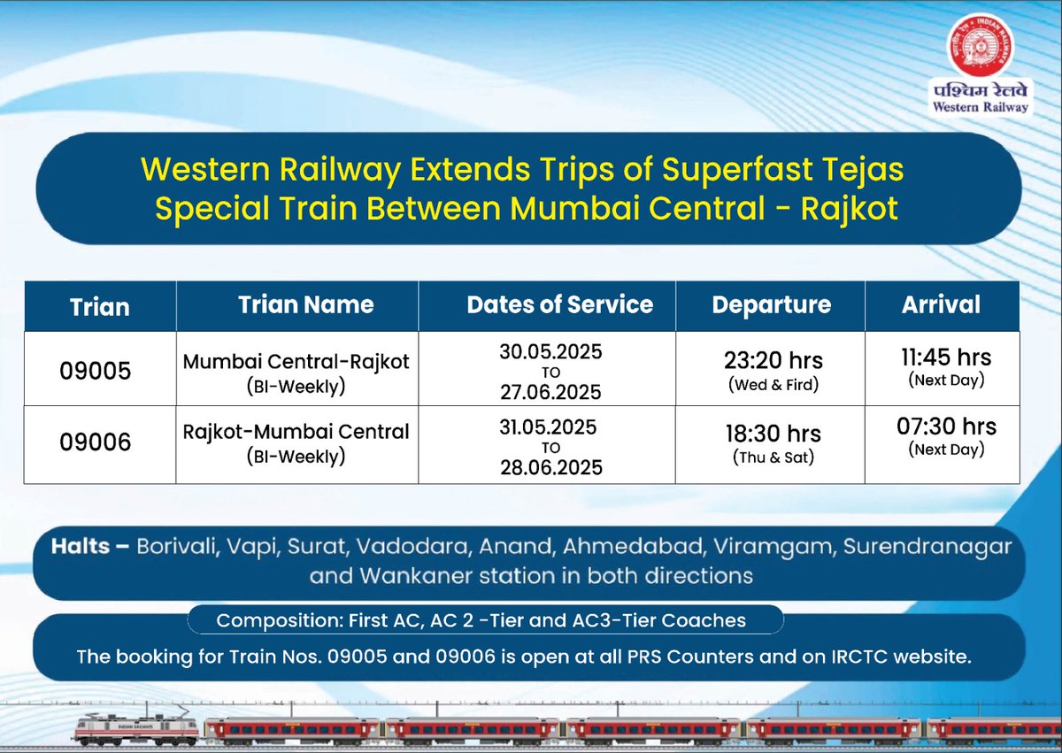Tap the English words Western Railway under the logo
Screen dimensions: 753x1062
(x=980, y=106)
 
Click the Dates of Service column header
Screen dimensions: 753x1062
(x=559, y=305)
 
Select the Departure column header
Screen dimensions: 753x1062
(x=771, y=305)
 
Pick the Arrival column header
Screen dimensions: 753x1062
(x=941, y=305)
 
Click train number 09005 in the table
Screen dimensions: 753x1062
(x=96, y=371)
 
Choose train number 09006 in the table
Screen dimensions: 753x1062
(x=96, y=442)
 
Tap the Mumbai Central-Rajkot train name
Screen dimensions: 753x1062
(x=296, y=362)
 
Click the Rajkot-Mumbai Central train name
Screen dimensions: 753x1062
(x=296, y=432)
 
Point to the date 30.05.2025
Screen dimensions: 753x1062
(x=550, y=351)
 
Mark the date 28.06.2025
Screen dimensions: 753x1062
(x=550, y=466)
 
